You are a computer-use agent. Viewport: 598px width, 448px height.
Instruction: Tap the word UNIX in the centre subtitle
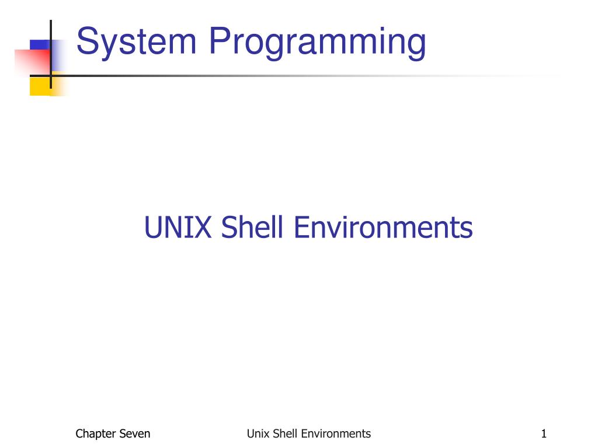[178, 228]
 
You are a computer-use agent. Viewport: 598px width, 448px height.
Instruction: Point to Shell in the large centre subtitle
[253, 228]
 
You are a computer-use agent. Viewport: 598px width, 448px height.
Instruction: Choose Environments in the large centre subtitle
[383, 228]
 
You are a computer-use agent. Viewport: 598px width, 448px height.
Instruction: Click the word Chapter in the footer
[96, 433]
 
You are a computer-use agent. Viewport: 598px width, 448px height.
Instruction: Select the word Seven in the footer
[134, 433]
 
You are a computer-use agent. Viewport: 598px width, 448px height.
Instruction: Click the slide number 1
[544, 433]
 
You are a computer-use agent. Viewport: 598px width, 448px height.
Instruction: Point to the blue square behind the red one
[40, 45]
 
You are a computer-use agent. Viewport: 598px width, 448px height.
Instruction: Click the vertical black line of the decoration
[51, 35]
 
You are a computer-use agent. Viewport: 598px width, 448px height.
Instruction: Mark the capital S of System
[87, 42]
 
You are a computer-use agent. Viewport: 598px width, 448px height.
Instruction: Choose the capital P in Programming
[220, 42]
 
